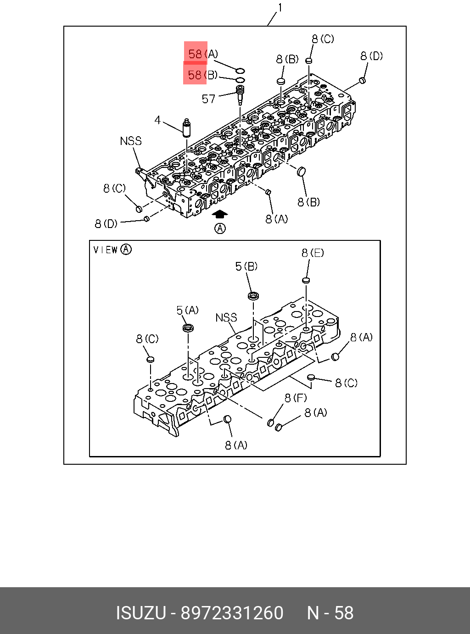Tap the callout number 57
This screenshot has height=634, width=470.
pos(208,99)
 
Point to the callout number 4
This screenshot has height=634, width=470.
pos(157,120)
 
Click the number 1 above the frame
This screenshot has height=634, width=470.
pos(280,8)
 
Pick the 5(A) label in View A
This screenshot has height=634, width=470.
pos(187,311)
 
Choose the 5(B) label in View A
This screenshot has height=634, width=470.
pos(246,267)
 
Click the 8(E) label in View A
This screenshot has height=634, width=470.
pos(313,253)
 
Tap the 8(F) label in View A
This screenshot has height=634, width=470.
pos(296,398)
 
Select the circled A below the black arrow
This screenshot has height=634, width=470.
pos(220,228)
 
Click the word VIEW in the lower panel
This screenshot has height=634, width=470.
pos(106,250)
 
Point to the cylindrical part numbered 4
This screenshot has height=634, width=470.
pos(187,128)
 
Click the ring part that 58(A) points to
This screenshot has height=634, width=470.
pos(240,71)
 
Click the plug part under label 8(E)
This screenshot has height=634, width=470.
pos(306,280)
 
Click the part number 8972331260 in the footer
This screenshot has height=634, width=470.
pos(232,613)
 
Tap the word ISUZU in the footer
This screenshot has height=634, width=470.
pos(140,613)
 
